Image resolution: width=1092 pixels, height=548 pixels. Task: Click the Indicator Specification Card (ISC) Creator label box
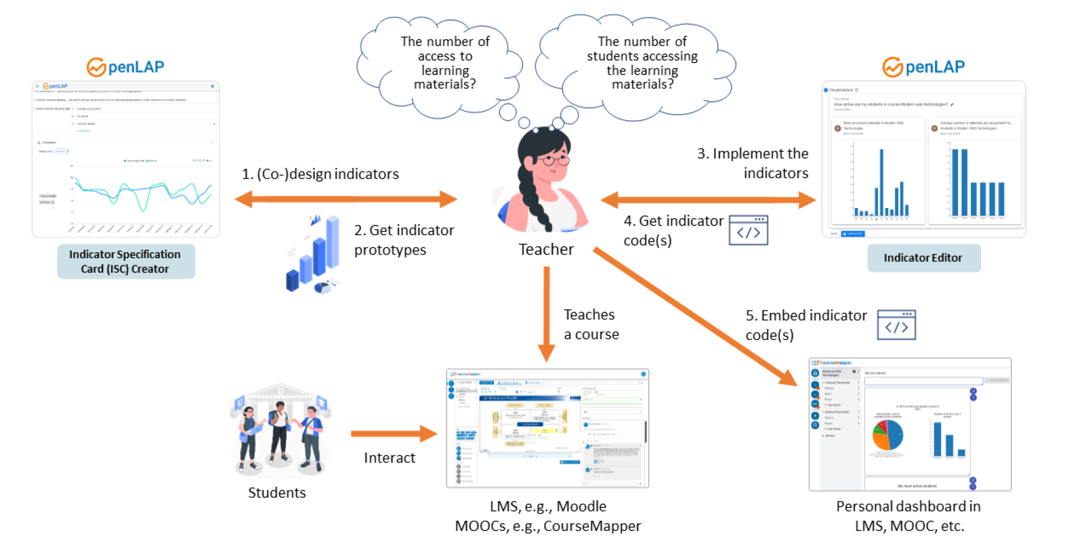[x=126, y=261]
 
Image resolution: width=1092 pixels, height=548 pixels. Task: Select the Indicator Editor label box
[x=923, y=258]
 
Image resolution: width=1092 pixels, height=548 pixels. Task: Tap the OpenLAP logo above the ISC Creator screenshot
[x=126, y=67]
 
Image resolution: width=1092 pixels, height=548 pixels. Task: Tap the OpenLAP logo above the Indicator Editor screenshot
[x=923, y=67]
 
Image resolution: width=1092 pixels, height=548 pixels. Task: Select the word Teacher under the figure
[x=546, y=249]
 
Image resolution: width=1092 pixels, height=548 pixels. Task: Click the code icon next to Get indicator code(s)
[x=748, y=230]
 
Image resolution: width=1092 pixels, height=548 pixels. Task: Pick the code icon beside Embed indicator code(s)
[x=896, y=325]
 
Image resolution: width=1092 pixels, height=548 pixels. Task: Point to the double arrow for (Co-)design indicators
[x=346, y=199]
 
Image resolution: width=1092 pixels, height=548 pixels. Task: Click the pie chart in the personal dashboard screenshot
[x=888, y=435]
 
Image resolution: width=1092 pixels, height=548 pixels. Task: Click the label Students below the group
[x=277, y=493]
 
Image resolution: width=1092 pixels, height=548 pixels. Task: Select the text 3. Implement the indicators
[x=753, y=163]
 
